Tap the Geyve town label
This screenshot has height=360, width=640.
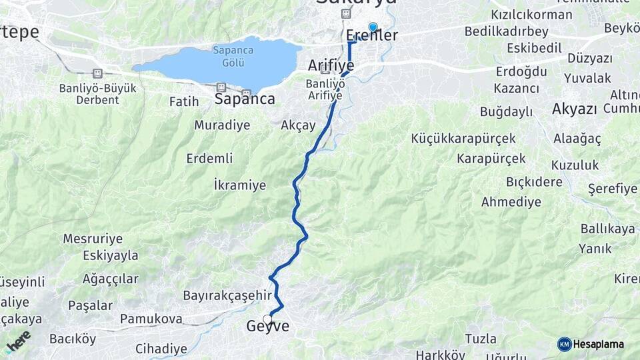(268, 327)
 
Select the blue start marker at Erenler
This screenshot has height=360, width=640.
(373, 27)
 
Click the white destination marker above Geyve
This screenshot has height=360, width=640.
(268, 319)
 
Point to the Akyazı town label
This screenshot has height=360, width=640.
(574, 109)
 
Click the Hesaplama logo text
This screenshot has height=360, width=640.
(598, 344)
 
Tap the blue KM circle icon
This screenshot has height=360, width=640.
(565, 344)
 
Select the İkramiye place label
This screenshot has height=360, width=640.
(239, 185)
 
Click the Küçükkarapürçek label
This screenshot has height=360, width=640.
(464, 139)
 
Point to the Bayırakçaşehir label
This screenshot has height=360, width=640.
(227, 295)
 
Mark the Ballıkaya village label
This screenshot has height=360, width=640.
(607, 229)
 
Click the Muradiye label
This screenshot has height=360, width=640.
(222, 125)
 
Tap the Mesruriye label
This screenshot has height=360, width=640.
(93, 238)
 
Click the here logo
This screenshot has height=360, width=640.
(18, 341)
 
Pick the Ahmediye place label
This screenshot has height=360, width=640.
(511, 201)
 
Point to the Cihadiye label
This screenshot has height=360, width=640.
(161, 348)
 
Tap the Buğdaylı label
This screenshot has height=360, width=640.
(506, 111)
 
